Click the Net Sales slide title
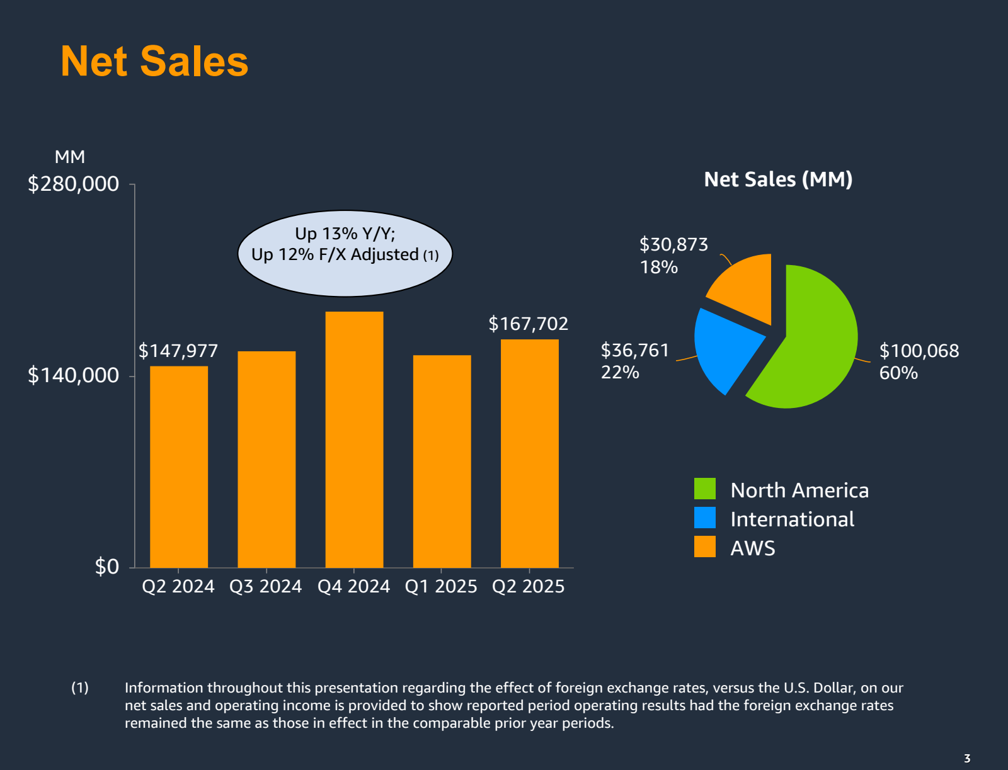[154, 62]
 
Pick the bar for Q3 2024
[266, 459]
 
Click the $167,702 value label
[528, 324]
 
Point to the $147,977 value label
[178, 351]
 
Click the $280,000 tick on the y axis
[73, 184]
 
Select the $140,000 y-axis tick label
[73, 375]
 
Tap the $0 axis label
[106, 567]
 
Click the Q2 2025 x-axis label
[528, 586]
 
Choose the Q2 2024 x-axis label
[178, 586]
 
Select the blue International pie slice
[724, 346]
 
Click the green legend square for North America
[704, 489]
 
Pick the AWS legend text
[752, 548]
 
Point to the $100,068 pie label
[919, 351]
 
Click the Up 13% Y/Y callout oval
[345, 253]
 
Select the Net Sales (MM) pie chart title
[778, 179]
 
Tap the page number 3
[967, 758]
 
